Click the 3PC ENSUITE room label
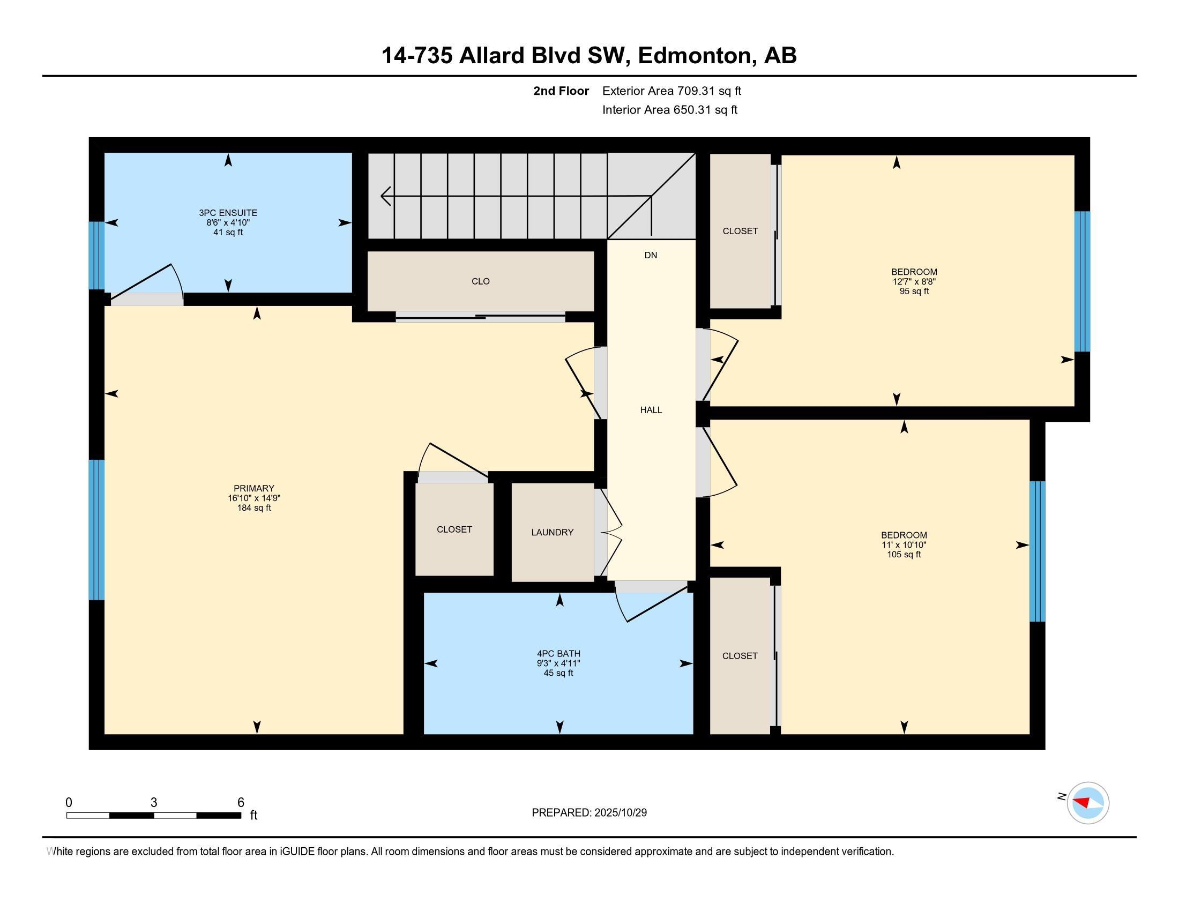(228, 213)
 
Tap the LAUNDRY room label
(551, 532)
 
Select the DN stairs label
(651, 255)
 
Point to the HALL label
(651, 410)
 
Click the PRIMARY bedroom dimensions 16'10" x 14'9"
(253, 498)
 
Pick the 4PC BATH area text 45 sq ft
(558, 673)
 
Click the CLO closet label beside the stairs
(480, 281)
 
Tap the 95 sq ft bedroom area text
(914, 292)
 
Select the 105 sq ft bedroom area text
(904, 554)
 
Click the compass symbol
(1087, 803)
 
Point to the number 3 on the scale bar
(154, 803)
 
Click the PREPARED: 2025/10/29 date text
(589, 813)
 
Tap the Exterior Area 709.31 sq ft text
(671, 91)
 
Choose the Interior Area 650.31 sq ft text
(669, 110)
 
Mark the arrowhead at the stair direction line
(385, 196)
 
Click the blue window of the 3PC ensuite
(96, 256)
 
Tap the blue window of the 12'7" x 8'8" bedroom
(1082, 281)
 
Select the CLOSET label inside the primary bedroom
(454, 529)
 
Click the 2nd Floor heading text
(561, 91)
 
